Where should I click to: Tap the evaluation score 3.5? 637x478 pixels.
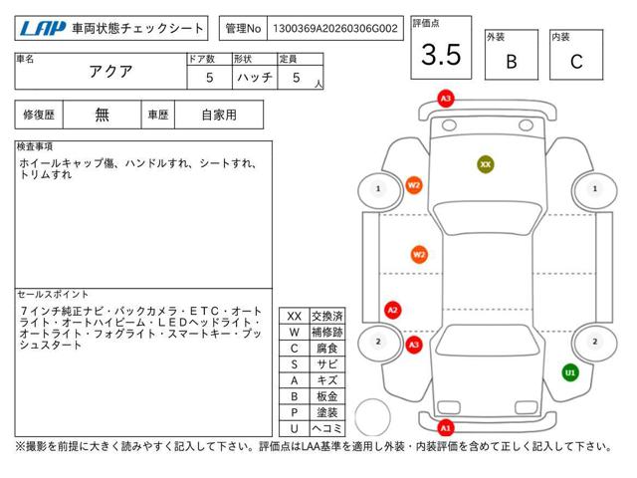(x=441, y=55)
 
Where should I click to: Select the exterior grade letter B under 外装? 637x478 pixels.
(x=511, y=61)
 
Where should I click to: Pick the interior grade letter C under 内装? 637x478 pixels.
(x=575, y=61)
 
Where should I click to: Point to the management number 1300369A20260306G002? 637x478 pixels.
(x=336, y=29)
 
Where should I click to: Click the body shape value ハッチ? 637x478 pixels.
(x=255, y=78)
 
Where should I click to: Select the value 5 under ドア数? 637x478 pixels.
(x=208, y=78)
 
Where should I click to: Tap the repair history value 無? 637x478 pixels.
(x=103, y=115)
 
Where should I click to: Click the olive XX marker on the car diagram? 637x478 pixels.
(x=485, y=163)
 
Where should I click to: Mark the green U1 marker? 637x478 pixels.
(x=570, y=372)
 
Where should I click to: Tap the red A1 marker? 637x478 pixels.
(x=446, y=427)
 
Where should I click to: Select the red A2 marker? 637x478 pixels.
(x=392, y=310)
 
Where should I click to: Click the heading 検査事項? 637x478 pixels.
(x=36, y=146)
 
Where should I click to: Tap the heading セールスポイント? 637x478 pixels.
(x=54, y=295)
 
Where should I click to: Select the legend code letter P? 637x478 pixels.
(x=294, y=411)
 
